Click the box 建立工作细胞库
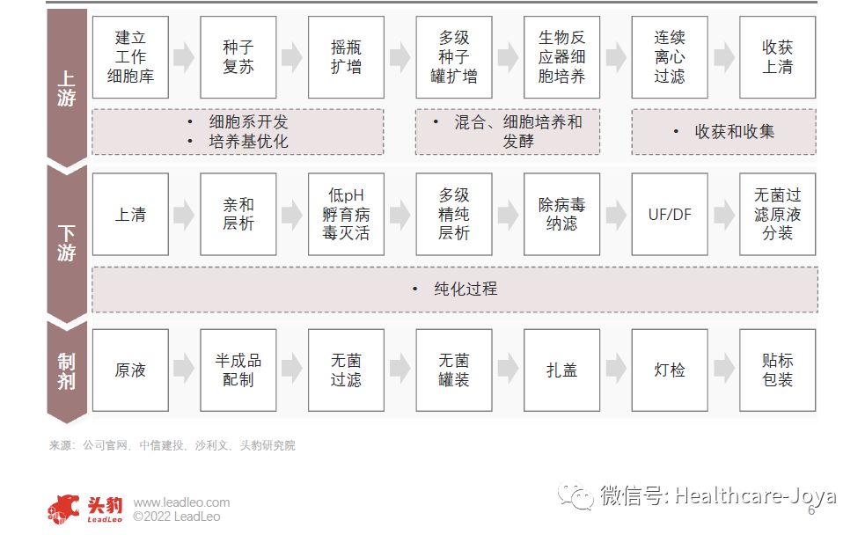[x=130, y=57]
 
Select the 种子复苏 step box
[x=238, y=57]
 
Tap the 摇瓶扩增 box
[x=346, y=57]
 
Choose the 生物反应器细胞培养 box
[x=561, y=57]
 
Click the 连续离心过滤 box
[x=669, y=57]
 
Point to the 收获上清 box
[x=777, y=57]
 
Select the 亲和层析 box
[x=238, y=214]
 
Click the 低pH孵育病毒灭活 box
[x=346, y=214]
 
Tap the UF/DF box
[x=669, y=214]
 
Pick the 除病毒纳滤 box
[x=561, y=214]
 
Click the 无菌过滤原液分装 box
[x=777, y=214]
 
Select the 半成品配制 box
[x=238, y=370]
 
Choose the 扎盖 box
[x=561, y=370]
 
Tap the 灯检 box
[x=669, y=370]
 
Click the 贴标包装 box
[x=777, y=370]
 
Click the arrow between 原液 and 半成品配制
[x=184, y=370]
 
